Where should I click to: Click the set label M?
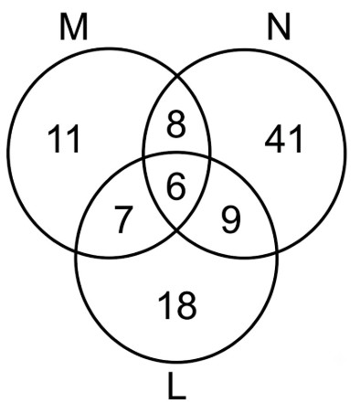[x=74, y=27]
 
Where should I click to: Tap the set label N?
[x=279, y=27]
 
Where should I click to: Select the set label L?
[x=176, y=387]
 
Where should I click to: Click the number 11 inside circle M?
[x=64, y=139]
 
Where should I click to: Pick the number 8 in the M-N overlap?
[x=176, y=124]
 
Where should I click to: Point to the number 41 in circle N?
[x=283, y=139]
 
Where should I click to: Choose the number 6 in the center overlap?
[x=176, y=186]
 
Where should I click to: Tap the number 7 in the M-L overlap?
[x=123, y=219]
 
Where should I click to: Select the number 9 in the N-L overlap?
[x=230, y=219]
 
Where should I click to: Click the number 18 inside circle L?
[x=177, y=305]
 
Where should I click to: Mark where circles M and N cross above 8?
[x=177, y=75]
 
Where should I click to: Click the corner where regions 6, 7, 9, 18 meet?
[x=177, y=230]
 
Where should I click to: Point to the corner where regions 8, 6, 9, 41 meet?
[x=209, y=158]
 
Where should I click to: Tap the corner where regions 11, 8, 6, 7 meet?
[x=143, y=158]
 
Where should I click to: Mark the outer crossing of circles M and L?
[x=77, y=251]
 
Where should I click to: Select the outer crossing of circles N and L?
[x=277, y=251]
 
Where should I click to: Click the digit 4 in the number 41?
[x=275, y=139]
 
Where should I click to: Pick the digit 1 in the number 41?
[x=296, y=139]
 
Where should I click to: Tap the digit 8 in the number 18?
[x=186, y=305]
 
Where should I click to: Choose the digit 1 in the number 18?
[x=164, y=305]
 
